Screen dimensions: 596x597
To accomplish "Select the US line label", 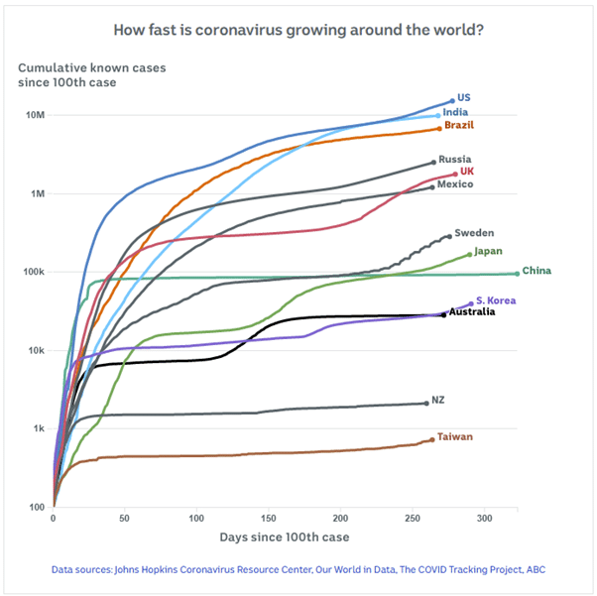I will pos(464,98).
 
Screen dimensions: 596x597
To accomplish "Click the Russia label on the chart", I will pos(454,159).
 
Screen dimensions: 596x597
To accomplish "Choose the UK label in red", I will pos(466,172).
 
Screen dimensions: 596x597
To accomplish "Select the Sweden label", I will pos(474,233).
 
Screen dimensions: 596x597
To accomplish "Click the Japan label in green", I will pos(488,251).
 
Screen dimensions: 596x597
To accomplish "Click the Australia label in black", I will pos(472,312).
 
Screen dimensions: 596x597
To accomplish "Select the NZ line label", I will pos(437,400).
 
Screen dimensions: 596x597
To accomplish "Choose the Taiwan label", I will pos(455,436).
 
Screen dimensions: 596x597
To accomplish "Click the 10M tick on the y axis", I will pos(35,115).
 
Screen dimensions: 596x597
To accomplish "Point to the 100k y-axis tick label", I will pos(33,272).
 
